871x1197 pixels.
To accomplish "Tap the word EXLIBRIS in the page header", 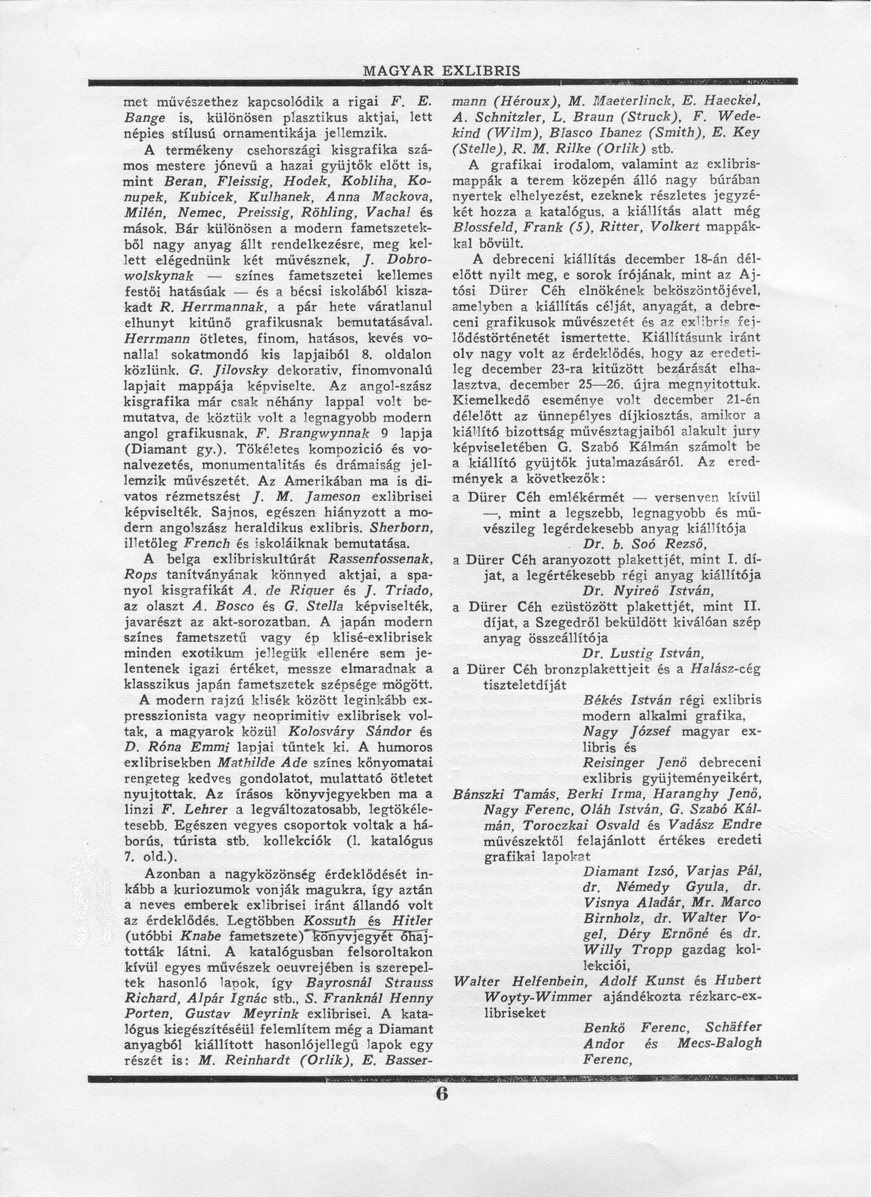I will click(480, 70).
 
